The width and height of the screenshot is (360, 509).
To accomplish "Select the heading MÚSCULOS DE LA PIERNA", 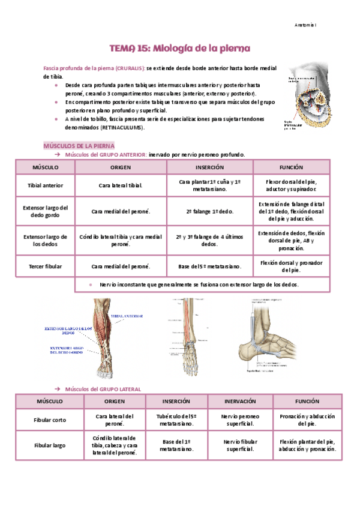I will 79,146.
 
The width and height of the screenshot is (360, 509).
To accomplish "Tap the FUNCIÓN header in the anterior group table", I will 291,167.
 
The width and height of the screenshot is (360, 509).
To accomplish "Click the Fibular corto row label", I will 50,420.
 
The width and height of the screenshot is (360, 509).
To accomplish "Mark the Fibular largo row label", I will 50,446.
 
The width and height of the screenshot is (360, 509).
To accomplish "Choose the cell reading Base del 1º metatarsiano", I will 176,446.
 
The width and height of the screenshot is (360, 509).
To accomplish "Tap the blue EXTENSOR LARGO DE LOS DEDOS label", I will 69,330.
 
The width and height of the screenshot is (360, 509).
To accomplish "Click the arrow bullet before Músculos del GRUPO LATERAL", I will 58,389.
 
